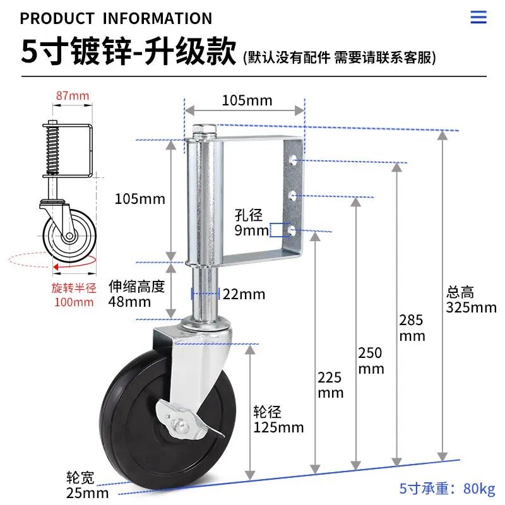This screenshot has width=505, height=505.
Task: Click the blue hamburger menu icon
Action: coord(478,17)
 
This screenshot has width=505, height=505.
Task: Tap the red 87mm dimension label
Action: coord(73,96)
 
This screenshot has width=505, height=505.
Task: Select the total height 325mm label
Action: coord(471,300)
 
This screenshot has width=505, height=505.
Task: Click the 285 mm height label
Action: coord(412,328)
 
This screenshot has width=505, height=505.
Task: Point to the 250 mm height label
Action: coord(371,360)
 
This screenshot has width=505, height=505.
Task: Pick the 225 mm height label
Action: coord(330,385)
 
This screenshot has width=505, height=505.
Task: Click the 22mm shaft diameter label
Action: coord(244,294)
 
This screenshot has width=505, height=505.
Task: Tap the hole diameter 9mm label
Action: coord(251,223)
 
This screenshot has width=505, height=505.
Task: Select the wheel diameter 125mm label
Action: coord(278,420)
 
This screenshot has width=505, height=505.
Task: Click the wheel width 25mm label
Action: coord(87,485)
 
